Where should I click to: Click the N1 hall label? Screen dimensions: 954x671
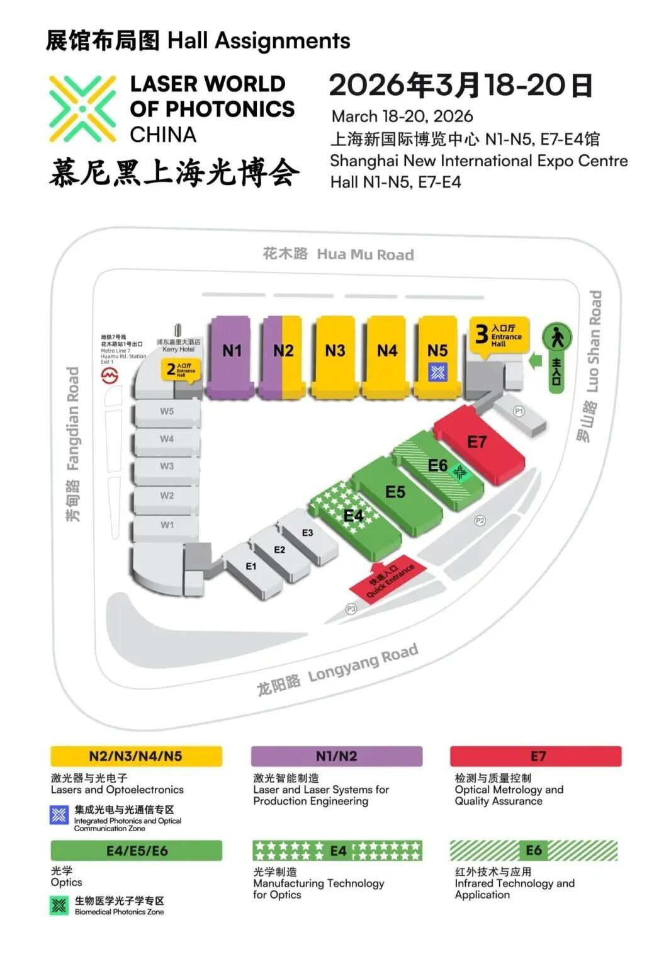click(x=232, y=350)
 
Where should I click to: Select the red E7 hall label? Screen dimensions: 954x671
click(x=476, y=442)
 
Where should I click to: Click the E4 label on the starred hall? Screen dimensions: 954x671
click(x=353, y=516)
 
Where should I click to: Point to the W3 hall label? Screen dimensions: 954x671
click(x=167, y=466)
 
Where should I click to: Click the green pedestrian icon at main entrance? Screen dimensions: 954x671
click(x=556, y=338)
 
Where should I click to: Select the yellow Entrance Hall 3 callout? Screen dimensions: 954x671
click(x=500, y=335)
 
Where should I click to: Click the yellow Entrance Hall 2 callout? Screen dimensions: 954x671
click(x=180, y=370)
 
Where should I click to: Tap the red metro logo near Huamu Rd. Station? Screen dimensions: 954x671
click(x=110, y=376)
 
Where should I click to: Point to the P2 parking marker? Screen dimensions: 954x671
click(x=480, y=521)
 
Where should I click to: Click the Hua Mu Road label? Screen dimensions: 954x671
click(x=338, y=254)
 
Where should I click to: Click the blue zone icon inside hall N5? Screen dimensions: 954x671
click(x=437, y=372)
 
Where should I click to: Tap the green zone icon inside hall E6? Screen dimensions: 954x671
click(x=460, y=472)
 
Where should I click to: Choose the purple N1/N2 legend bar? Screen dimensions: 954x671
click(x=336, y=756)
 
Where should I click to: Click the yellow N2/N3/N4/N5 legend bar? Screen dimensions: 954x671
click(x=136, y=756)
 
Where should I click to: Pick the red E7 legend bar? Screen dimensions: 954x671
click(x=536, y=756)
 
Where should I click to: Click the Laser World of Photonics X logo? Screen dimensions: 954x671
click(x=83, y=108)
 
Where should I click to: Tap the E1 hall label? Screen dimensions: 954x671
click(x=251, y=567)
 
